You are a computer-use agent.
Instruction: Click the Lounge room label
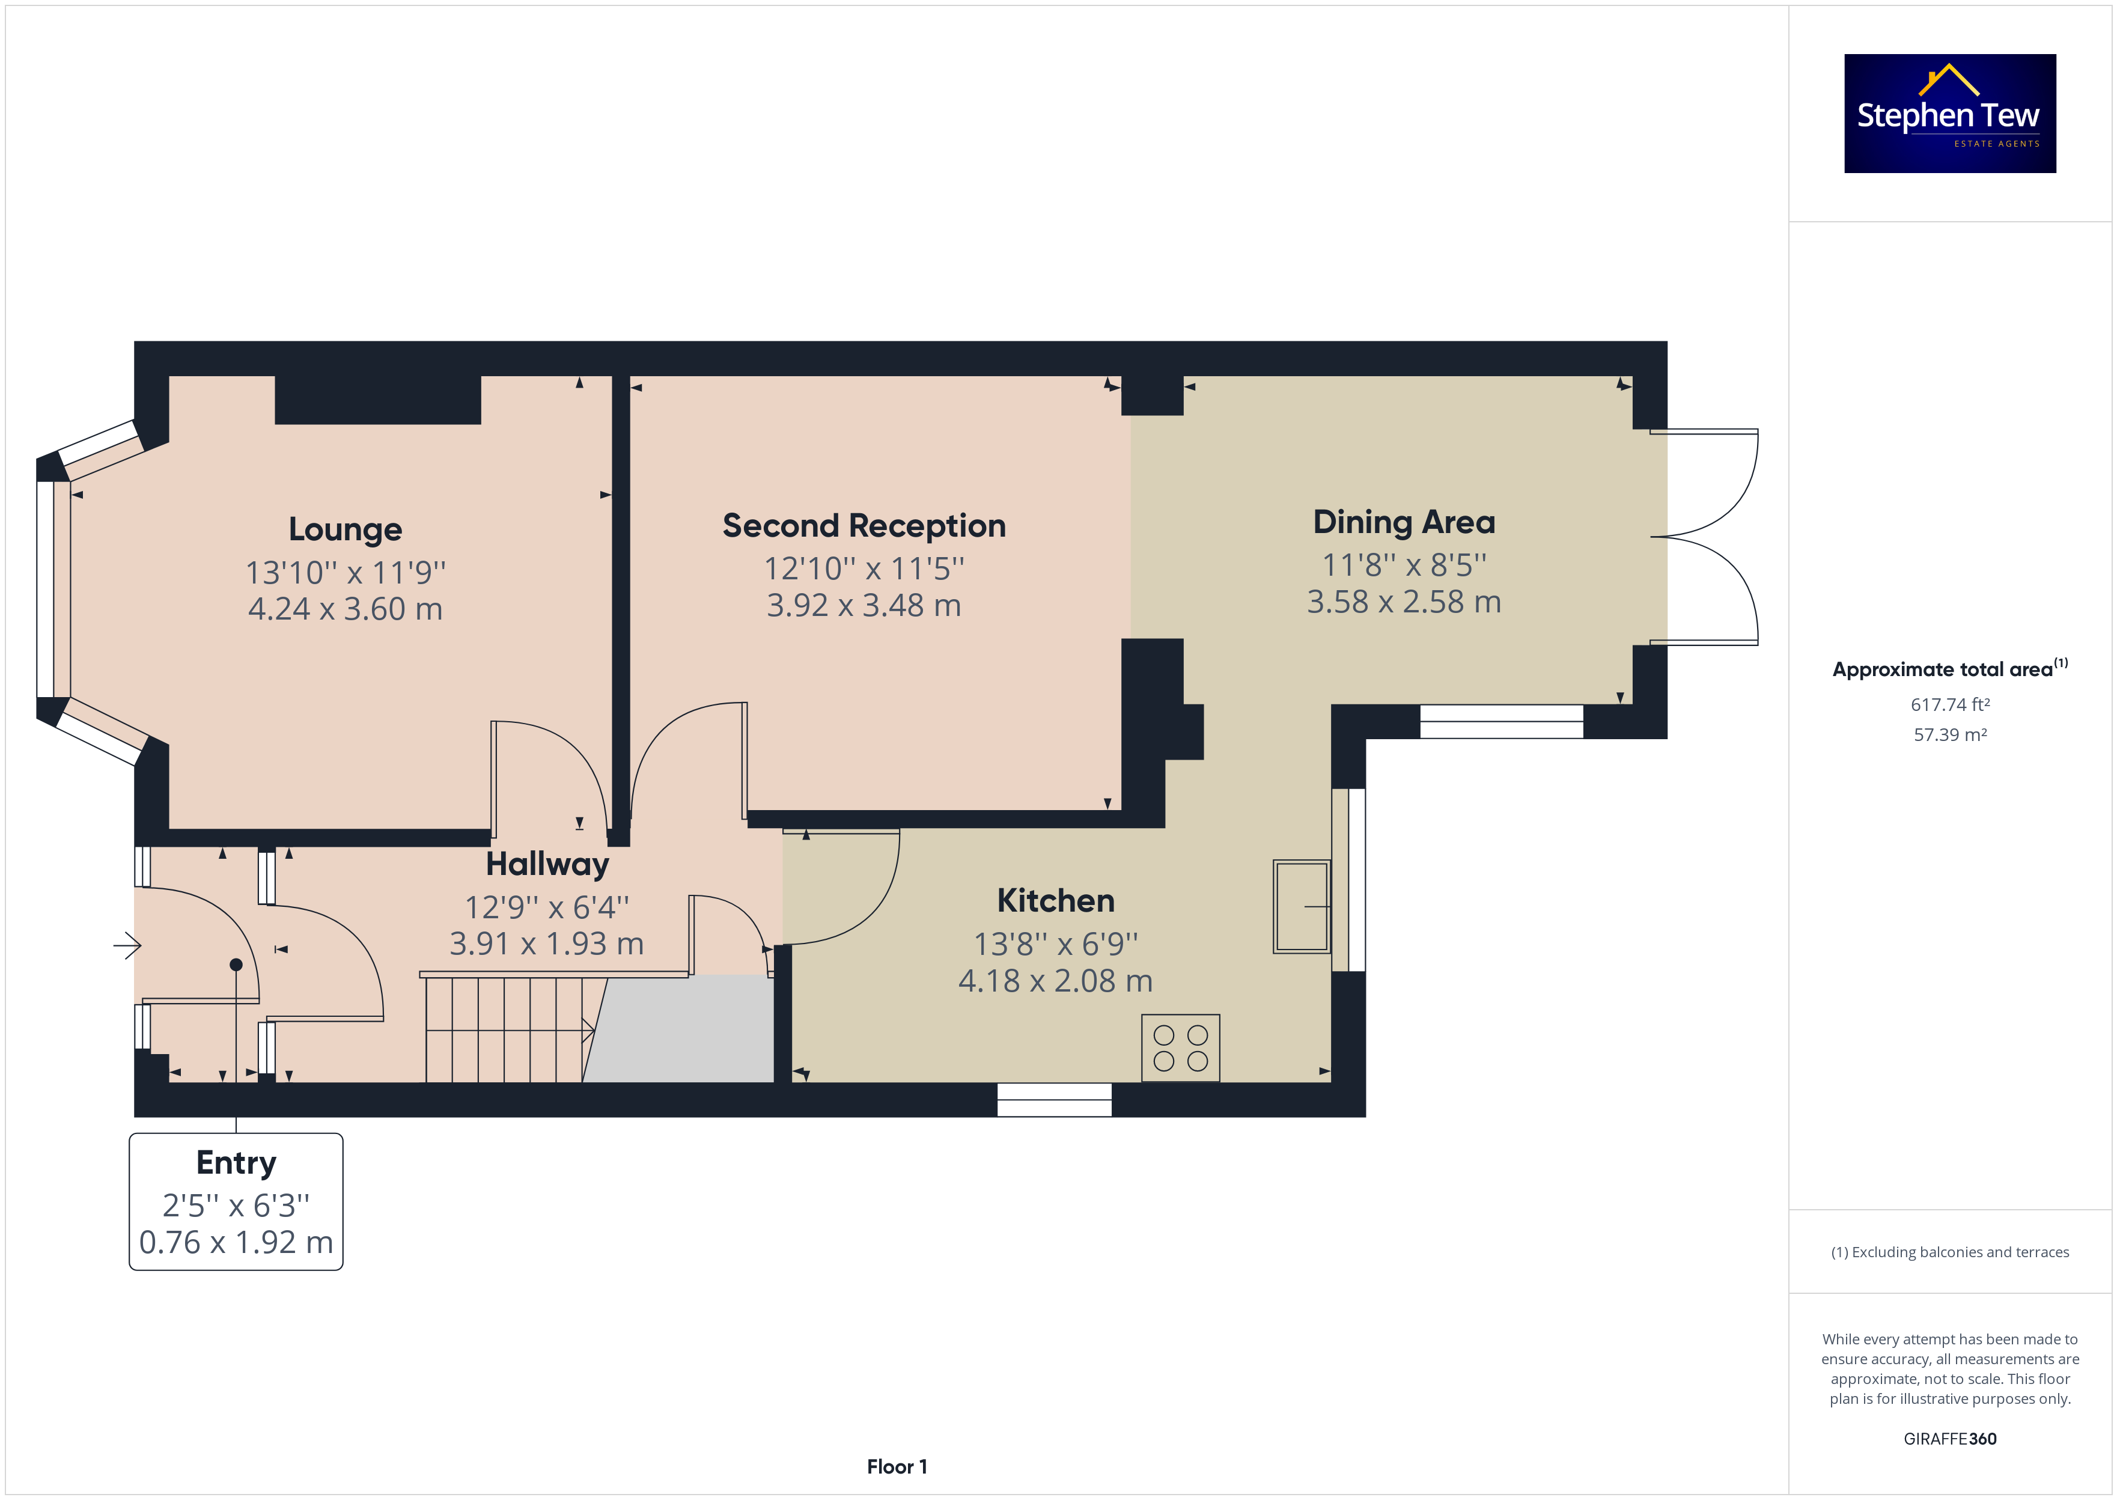tap(346, 529)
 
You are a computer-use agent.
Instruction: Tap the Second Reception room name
tap(864, 526)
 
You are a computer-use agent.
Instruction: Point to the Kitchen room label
tap(1055, 901)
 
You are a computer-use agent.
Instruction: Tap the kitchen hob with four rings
tap(1180, 1048)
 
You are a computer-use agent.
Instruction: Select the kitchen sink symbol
tap(1302, 906)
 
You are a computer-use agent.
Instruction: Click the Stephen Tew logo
tap(1950, 114)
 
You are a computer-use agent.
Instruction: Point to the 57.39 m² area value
tap(1950, 735)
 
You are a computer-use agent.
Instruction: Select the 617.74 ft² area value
tap(1950, 705)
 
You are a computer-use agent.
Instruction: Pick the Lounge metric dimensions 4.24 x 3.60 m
tap(346, 609)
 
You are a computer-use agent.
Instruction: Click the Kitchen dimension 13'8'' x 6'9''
tap(1055, 944)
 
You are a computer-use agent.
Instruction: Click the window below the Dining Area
tap(1501, 721)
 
